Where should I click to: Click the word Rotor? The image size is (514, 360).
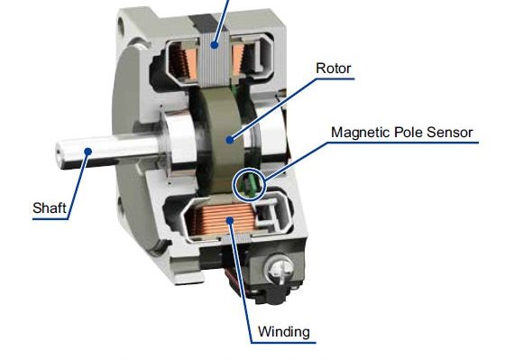[334, 68]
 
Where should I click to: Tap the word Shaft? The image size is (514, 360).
[49, 208]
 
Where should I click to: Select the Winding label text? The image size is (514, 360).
[283, 332]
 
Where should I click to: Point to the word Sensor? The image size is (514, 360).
[448, 133]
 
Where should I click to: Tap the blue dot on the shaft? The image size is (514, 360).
[88, 152]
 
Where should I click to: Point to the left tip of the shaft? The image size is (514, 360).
[60, 150]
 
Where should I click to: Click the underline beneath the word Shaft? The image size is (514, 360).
[50, 217]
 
